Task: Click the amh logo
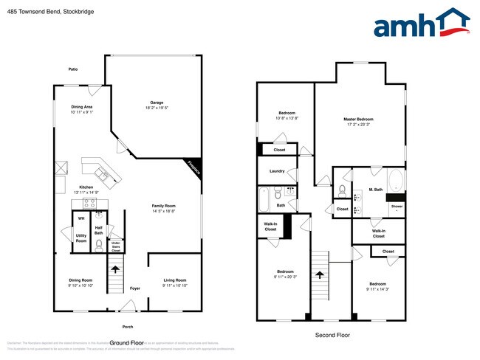pos(422,24)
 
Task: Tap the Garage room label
pos(157,103)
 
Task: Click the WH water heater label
pos(81,218)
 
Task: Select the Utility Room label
pos(81,238)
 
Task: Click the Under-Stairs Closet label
pos(116,247)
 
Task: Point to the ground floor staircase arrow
pos(116,269)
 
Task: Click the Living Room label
pos(174,280)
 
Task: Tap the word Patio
pos(73,69)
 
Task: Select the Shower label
pos(397,207)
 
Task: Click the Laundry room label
pos(277,171)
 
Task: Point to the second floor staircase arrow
pos(319,275)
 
